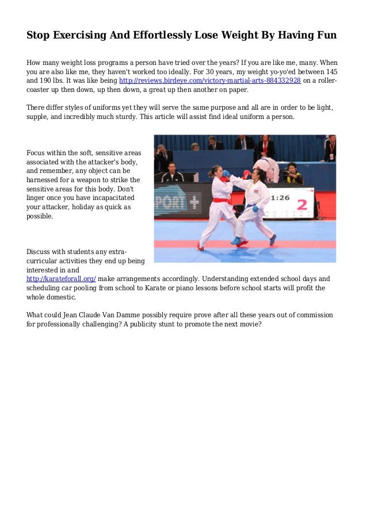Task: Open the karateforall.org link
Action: pos(61,279)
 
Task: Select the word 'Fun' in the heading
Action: pos(325,36)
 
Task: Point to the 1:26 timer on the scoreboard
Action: pos(280,197)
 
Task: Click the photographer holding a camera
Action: pos(293,173)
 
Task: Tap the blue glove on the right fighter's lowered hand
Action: pos(255,209)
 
